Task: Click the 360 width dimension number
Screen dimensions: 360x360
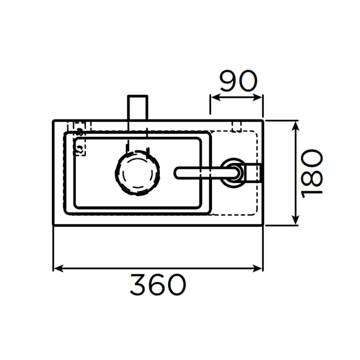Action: pyautogui.click(x=158, y=284)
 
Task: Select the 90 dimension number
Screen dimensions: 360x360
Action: pyautogui.click(x=238, y=82)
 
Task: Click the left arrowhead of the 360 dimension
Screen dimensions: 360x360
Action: pyautogui.click(x=57, y=268)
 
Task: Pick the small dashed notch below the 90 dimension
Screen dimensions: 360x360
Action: pyautogui.click(x=237, y=126)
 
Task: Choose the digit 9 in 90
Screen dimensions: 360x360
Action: pyautogui.click(x=228, y=82)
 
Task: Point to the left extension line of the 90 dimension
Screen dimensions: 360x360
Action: pyautogui.click(x=210, y=106)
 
